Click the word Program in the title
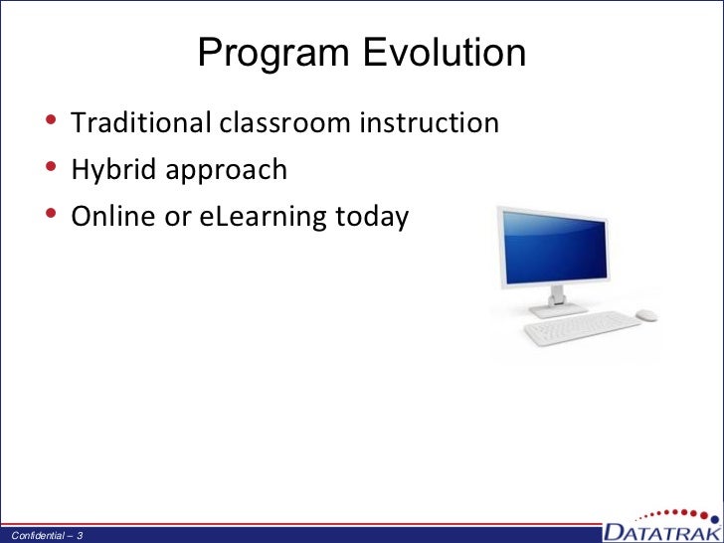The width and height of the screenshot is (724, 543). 273,54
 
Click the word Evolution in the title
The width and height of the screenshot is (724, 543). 445,52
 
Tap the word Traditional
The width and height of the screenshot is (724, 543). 140,122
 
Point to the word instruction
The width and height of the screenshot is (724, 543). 430,122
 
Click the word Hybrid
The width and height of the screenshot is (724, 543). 114,170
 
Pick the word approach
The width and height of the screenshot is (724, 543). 227,171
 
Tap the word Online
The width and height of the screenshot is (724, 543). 113,216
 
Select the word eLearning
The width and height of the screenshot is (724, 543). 263,217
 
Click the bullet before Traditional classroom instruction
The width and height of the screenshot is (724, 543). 52,119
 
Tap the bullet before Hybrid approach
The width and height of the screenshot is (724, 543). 52,166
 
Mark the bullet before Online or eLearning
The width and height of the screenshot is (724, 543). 52,213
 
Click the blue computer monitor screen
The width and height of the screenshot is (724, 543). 555,248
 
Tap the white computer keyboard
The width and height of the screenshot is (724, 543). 582,327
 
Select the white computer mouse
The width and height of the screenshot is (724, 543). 646,315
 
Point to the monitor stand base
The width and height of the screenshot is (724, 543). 558,310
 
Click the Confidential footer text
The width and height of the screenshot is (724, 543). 38,536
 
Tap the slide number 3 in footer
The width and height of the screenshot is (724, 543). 80,536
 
